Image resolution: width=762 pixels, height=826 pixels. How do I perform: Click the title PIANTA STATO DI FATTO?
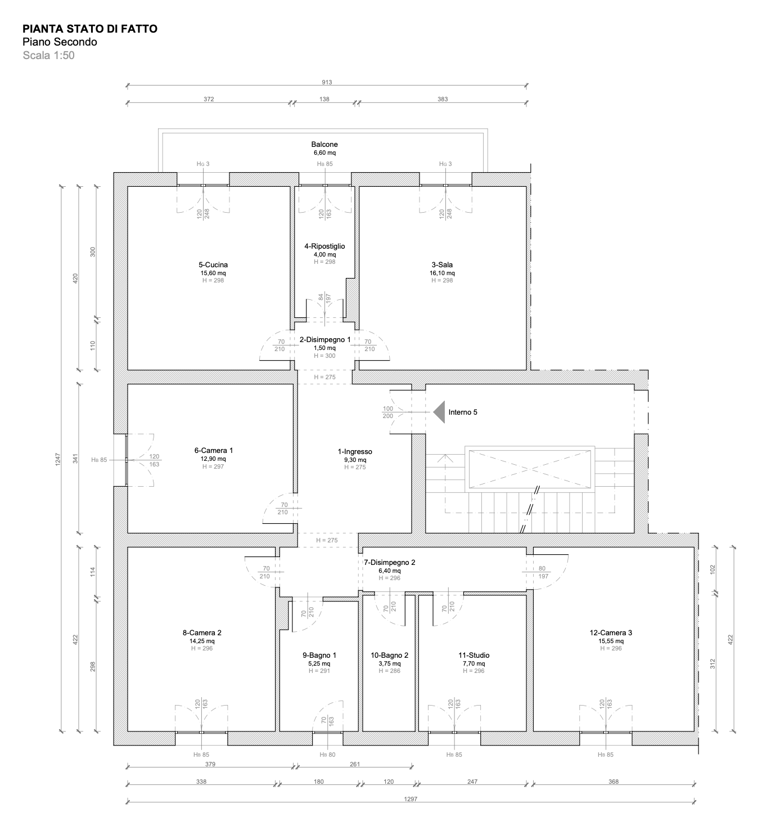click(x=90, y=29)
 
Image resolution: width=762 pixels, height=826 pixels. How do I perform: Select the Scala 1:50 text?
click(x=48, y=55)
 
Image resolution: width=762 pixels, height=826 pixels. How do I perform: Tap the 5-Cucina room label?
click(x=213, y=264)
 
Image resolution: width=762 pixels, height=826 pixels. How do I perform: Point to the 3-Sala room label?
click(x=442, y=264)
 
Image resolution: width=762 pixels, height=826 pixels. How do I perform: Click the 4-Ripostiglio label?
click(x=324, y=246)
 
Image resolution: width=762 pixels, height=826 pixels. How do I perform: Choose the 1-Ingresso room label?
click(x=355, y=451)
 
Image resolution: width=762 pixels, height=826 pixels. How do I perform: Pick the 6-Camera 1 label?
click(x=214, y=450)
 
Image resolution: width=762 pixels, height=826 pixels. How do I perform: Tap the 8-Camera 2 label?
click(x=202, y=632)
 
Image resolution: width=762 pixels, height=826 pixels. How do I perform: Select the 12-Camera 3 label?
click(x=611, y=632)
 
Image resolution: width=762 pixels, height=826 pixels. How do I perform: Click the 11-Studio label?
click(x=474, y=655)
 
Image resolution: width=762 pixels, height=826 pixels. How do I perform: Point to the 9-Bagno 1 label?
click(x=319, y=655)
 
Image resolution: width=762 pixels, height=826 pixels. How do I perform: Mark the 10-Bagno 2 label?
click(x=390, y=655)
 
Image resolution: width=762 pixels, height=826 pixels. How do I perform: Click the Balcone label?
click(x=324, y=144)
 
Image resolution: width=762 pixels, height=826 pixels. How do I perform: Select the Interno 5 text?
click(x=463, y=412)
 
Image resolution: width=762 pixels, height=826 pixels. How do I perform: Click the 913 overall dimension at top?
click(x=327, y=82)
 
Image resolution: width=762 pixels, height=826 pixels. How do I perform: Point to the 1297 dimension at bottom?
click(x=411, y=799)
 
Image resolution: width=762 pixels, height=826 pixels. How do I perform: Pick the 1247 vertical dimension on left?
click(x=58, y=459)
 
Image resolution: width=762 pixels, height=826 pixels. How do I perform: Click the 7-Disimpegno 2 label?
click(x=390, y=562)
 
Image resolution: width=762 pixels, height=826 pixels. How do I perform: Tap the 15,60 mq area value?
click(x=213, y=273)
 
